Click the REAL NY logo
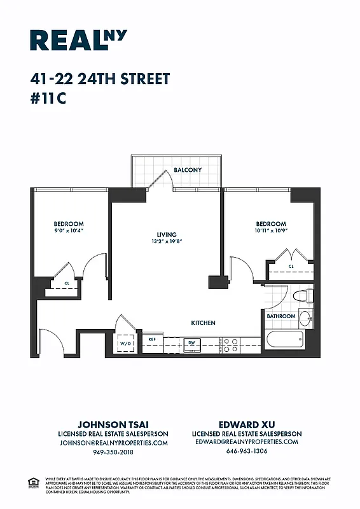tap(78, 39)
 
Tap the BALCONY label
tap(188, 170)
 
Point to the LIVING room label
tap(167, 235)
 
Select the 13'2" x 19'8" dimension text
tap(167, 242)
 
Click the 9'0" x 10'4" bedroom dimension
tap(68, 231)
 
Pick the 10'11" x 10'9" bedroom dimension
tap(270, 231)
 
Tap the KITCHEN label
tap(203, 323)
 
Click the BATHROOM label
tap(280, 316)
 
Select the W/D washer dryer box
tap(125, 344)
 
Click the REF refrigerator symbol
tap(153, 340)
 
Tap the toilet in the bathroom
tap(303, 295)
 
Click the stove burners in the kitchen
tap(230, 344)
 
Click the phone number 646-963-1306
tap(247, 451)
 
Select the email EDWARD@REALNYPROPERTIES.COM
tap(247, 442)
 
